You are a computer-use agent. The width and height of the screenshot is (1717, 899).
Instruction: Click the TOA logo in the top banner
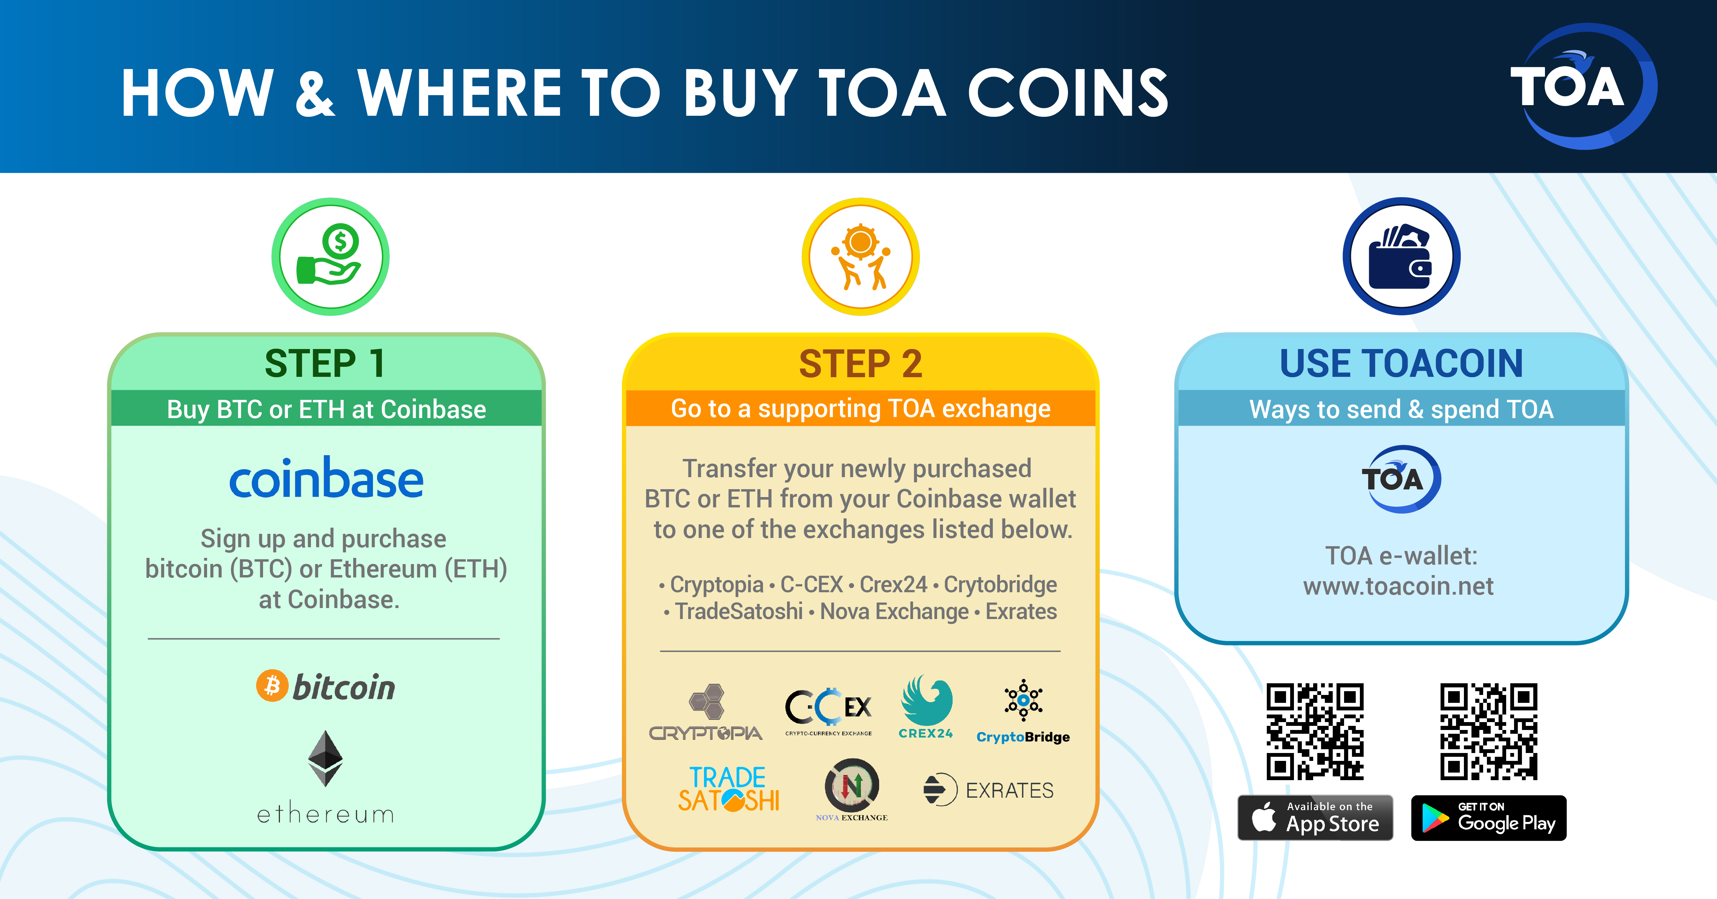[x=1583, y=87]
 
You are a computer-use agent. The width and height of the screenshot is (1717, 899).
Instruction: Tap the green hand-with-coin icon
[x=330, y=257]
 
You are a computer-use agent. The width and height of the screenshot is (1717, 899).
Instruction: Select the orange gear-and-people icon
[x=861, y=257]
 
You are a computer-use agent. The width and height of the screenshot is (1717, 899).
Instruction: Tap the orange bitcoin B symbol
[x=272, y=686]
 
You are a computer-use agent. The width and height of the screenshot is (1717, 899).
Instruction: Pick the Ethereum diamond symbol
[x=325, y=758]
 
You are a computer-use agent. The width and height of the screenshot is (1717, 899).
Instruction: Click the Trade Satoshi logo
[x=729, y=789]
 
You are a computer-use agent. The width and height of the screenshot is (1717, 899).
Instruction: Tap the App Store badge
[x=1315, y=818]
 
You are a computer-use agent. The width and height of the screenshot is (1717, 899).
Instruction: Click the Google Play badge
[x=1488, y=818]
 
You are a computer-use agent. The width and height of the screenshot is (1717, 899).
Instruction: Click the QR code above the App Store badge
[x=1315, y=732]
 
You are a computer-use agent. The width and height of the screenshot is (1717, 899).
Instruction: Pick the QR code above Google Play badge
[x=1488, y=732]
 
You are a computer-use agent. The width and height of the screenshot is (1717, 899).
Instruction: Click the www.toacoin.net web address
[x=1398, y=586]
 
